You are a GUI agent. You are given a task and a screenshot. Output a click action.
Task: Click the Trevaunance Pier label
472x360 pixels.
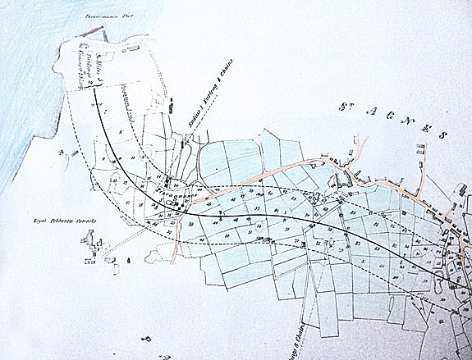coord(103,16)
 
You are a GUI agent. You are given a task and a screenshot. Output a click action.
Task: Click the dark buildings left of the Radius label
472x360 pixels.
coord(171,106)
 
